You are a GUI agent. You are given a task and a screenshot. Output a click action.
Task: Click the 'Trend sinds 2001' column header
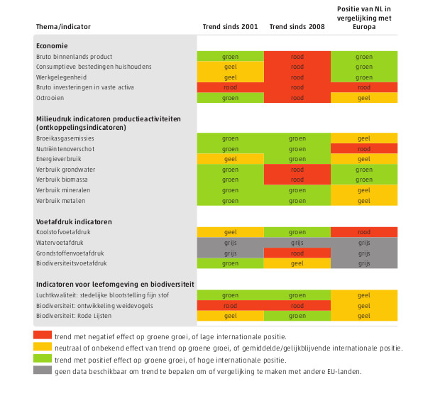230,27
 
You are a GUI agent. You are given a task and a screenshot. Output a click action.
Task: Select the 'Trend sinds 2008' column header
297,27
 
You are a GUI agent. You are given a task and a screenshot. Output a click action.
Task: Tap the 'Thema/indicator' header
63,27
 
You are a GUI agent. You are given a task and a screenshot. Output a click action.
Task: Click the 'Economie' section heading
52,46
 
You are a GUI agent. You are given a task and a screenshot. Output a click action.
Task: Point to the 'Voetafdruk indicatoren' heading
74,221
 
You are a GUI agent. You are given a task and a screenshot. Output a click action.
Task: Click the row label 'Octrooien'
50,98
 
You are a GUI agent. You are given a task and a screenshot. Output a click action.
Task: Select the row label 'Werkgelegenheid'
61,77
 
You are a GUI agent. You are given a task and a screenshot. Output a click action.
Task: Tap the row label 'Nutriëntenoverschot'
65,149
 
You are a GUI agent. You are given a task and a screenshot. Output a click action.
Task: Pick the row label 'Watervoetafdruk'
60,243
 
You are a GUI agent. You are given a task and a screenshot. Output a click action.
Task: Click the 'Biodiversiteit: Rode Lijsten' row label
74,316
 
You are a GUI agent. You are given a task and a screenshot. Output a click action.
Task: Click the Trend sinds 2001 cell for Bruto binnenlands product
231,56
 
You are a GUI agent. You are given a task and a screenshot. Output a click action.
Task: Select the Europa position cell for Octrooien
364,98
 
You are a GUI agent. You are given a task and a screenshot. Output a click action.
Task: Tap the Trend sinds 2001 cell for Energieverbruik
231,159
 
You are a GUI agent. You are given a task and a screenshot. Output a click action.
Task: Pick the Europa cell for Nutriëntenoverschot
364,148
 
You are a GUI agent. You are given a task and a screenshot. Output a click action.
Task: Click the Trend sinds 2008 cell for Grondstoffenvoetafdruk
297,253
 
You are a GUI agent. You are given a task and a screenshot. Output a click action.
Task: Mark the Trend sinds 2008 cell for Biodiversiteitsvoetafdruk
297,263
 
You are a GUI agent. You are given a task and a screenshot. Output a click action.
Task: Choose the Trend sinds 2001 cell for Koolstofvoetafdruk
231,232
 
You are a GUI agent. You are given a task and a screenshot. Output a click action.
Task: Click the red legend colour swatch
43,335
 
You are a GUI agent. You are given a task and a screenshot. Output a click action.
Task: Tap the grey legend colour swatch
43,370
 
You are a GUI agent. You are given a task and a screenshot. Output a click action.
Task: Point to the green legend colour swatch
43,358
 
